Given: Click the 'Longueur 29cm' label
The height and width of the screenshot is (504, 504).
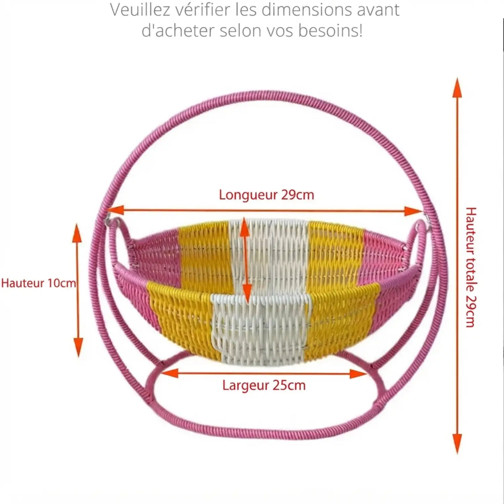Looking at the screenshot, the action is [266, 195].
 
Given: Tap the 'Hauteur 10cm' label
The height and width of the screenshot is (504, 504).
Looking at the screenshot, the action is [39, 283].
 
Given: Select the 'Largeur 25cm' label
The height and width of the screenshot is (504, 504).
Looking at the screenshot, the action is [264, 386].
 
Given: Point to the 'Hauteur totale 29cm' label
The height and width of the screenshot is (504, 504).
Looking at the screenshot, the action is [471, 267].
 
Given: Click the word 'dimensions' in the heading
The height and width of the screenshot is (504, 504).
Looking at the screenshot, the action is [307, 10].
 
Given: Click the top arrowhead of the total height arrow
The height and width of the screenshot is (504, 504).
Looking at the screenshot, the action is [457, 88].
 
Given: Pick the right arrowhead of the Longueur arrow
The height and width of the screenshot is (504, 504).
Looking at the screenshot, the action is [413, 211].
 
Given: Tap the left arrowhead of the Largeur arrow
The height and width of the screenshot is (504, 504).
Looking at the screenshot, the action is [169, 373].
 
